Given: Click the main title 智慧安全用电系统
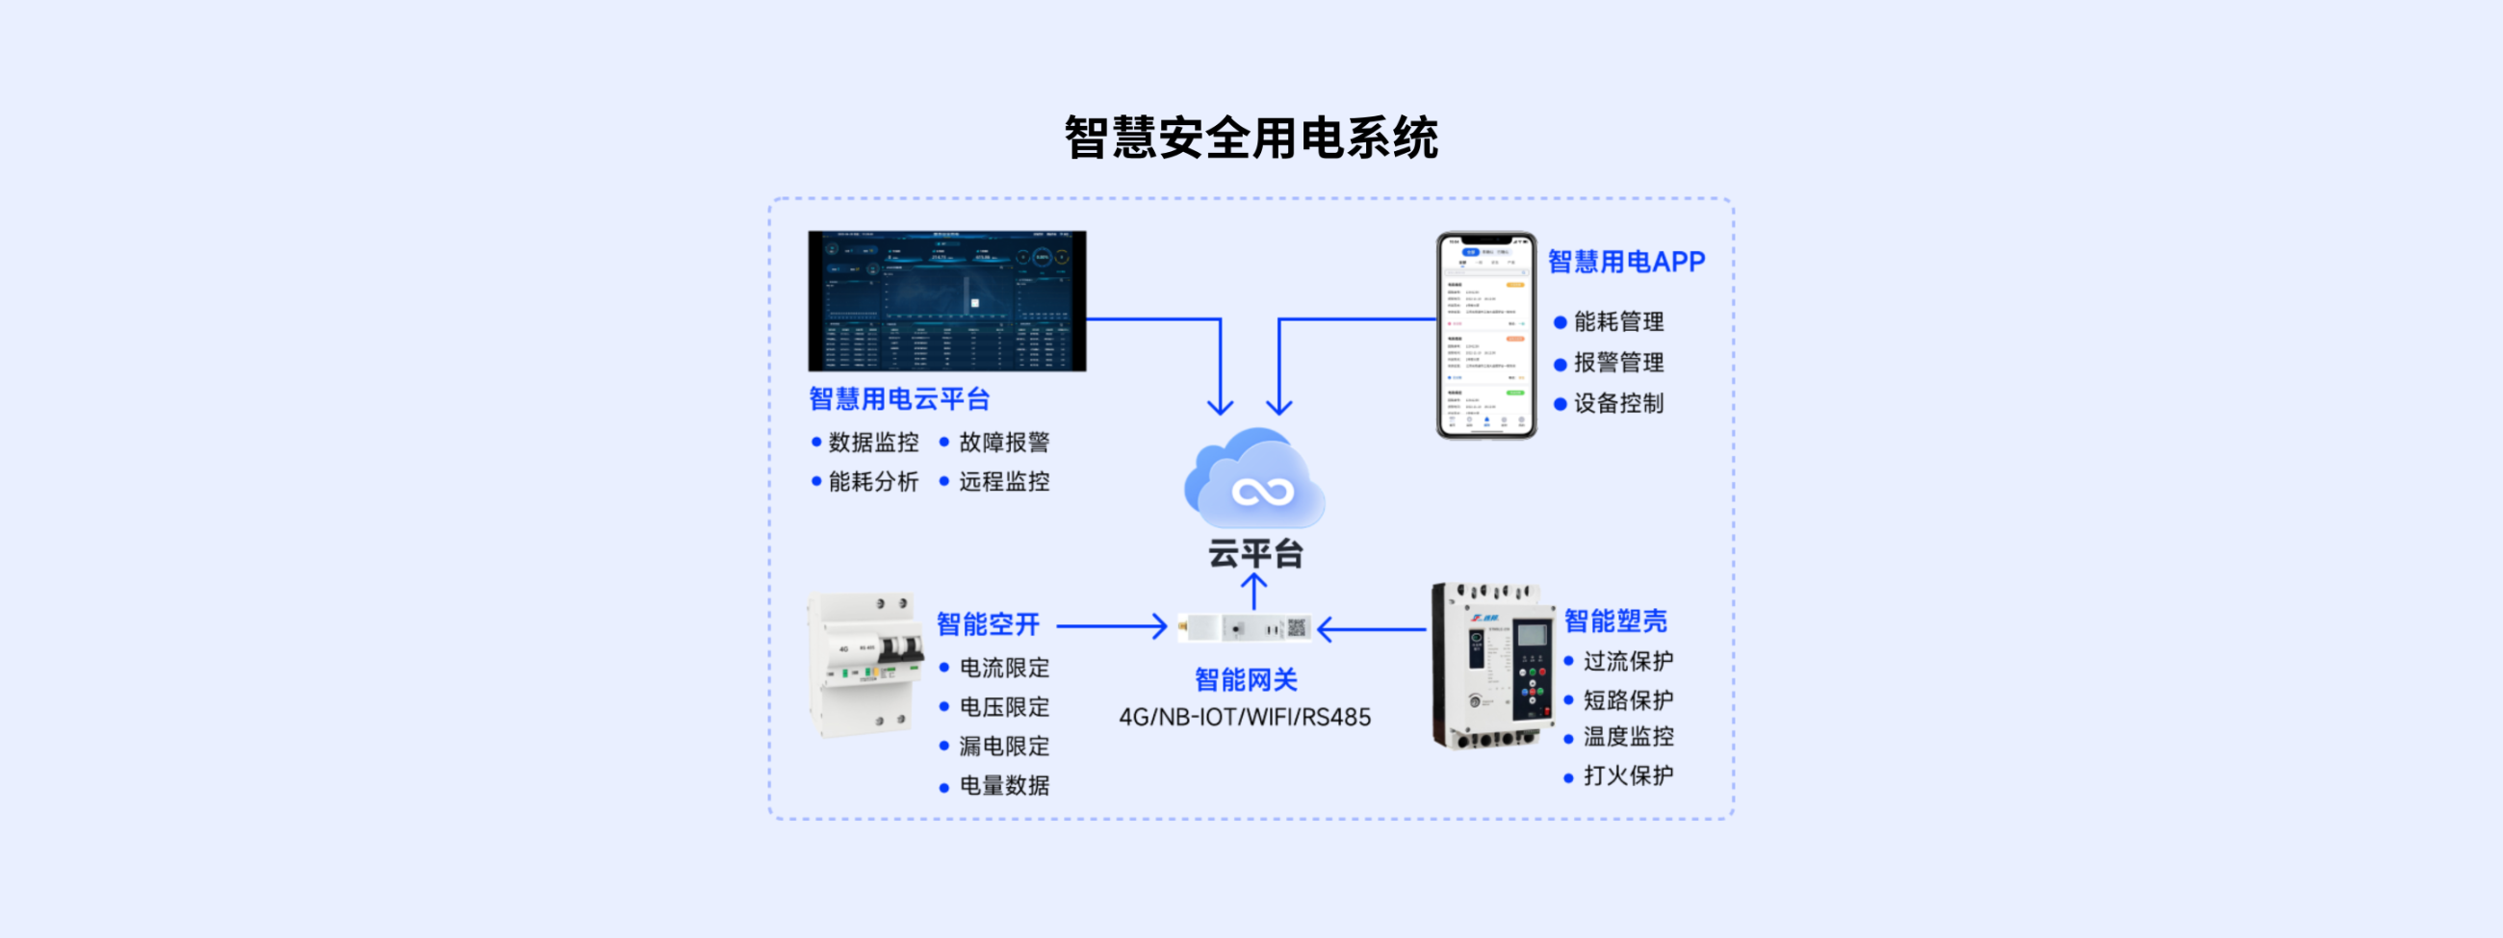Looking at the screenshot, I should (x=1251, y=138).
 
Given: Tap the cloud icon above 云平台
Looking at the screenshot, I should (x=1254, y=481).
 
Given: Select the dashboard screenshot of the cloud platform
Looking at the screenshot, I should (x=946, y=301).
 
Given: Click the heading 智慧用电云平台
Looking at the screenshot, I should (x=899, y=399).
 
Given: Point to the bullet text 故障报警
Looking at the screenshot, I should (x=1004, y=443).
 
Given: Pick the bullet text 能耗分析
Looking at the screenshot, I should (x=872, y=482).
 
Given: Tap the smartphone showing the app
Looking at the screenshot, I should (x=1485, y=335).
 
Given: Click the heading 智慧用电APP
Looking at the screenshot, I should (x=1626, y=263).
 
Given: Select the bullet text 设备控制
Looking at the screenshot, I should (x=1618, y=404).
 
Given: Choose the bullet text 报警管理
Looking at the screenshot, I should (x=1618, y=363).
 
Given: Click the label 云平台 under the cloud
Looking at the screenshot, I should (x=1254, y=553).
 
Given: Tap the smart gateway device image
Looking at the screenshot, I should (x=1245, y=628).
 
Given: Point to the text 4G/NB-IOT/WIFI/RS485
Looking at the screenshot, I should (x=1245, y=718).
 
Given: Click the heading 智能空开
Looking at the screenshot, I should (x=987, y=624).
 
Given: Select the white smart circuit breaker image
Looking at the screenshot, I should (x=864, y=666).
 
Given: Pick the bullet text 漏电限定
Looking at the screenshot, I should (x=1004, y=747).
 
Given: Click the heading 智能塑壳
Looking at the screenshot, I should (x=1614, y=621).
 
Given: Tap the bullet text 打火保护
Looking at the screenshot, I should (x=1628, y=775).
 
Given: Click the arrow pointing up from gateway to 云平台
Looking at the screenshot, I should (x=1254, y=591).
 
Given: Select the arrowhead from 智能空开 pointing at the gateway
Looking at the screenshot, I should (x=1159, y=626).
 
